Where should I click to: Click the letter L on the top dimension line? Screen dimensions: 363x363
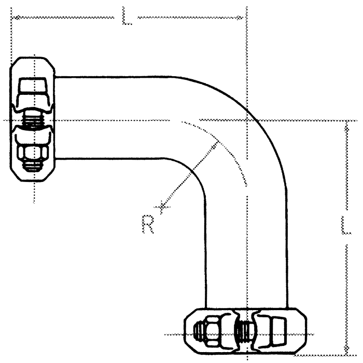(126, 16)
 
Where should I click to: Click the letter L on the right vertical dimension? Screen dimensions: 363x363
(346, 225)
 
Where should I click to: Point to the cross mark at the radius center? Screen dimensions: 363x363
(163, 208)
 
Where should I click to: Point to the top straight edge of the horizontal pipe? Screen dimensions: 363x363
(114, 77)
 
